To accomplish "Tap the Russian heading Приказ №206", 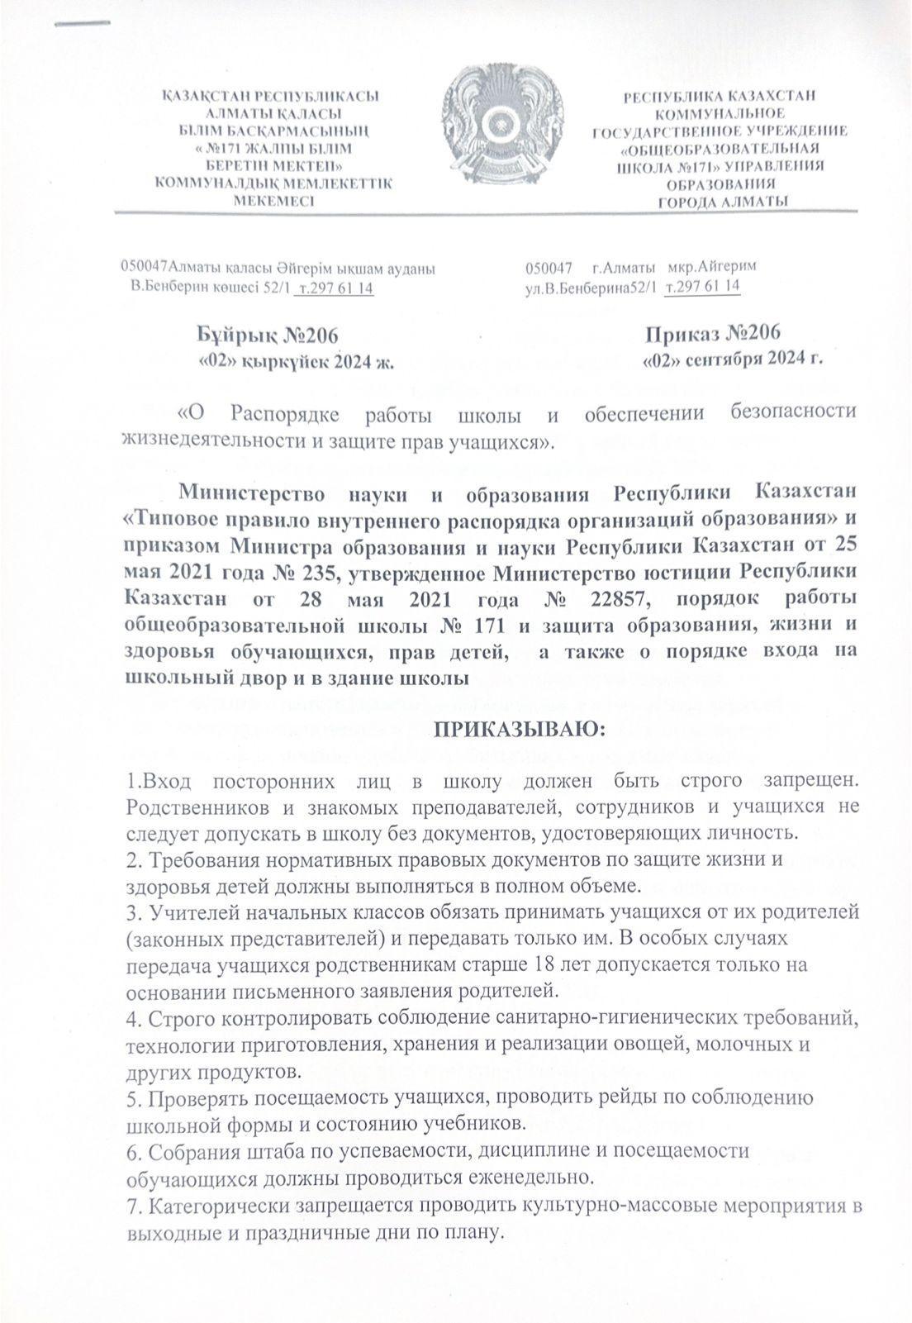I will [713, 334].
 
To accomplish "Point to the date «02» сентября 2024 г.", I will [734, 359].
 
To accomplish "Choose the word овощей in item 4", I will [660, 1043].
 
